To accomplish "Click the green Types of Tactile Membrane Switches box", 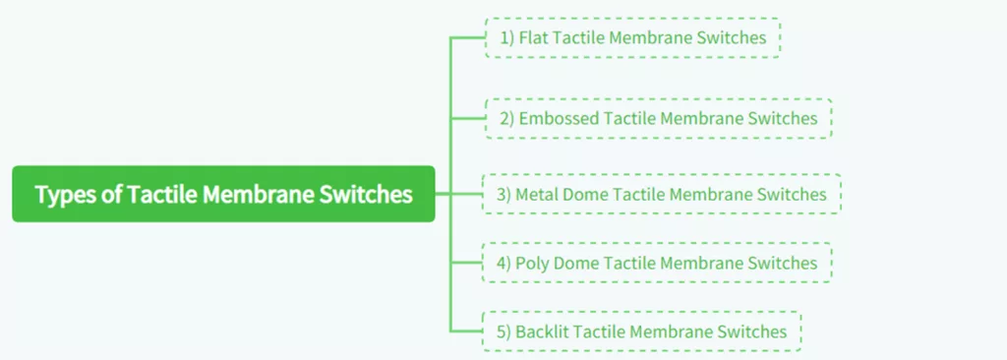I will (223, 194).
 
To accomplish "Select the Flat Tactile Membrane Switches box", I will (632, 38).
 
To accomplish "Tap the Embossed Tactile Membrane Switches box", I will (658, 118).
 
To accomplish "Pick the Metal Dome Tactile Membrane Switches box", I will (661, 194).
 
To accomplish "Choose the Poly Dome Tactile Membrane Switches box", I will (657, 263).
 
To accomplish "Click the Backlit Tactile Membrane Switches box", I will (641, 331).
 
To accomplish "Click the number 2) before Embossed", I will (506, 118).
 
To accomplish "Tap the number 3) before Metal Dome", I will (503, 194).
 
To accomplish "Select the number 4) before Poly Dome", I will (503, 263).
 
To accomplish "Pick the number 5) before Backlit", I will (503, 331).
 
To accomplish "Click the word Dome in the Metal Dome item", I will (586, 194).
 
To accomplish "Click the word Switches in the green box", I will (367, 194).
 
